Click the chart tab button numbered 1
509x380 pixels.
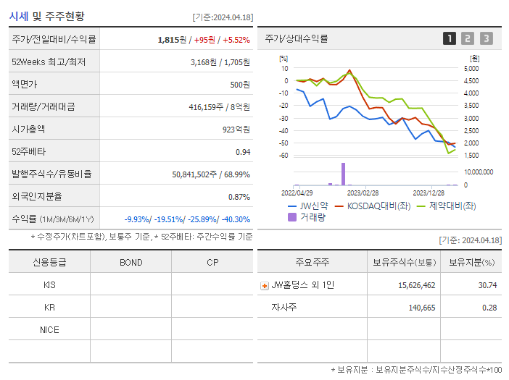(450, 38)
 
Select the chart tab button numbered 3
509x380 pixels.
(486, 38)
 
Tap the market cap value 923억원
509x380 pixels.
(235, 130)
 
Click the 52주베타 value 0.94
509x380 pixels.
(242, 152)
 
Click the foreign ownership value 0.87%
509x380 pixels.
(239, 197)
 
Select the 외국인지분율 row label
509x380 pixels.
(37, 197)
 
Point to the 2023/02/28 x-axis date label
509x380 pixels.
(363, 193)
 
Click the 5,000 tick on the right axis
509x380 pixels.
(471, 68)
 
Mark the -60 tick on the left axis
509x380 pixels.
(284, 156)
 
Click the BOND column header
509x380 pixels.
(131, 262)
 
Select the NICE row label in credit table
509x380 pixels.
(49, 329)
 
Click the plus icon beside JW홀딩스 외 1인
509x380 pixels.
(264, 286)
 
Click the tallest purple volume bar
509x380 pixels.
(343, 174)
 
